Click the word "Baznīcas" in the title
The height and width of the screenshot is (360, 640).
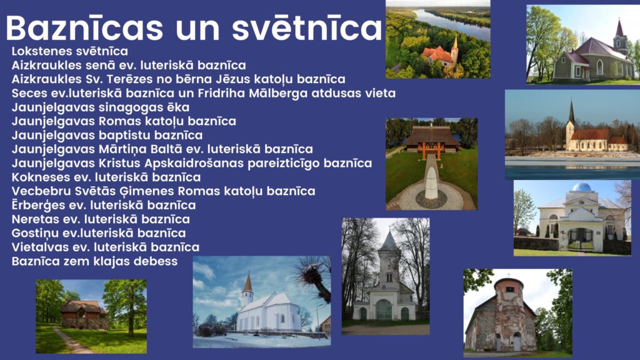(x=84, y=27)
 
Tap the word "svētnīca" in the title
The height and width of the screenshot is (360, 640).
(x=307, y=27)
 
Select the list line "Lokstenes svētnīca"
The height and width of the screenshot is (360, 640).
(x=70, y=51)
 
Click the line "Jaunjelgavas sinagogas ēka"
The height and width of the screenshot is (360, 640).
(x=101, y=107)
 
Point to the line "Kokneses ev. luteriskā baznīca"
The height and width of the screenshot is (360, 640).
(x=106, y=177)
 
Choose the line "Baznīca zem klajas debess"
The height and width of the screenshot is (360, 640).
(x=95, y=261)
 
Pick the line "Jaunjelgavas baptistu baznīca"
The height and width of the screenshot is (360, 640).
(x=107, y=135)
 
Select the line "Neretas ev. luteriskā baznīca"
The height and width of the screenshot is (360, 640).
(x=101, y=219)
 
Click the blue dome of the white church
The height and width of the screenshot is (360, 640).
(x=582, y=187)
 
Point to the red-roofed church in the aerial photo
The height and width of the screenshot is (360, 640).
(x=441, y=55)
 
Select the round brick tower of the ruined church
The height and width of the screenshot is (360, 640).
(x=509, y=314)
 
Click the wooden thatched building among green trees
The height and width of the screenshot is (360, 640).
(x=84, y=315)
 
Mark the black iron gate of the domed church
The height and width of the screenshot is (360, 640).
(x=581, y=239)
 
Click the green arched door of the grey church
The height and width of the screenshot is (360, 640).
(x=384, y=310)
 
